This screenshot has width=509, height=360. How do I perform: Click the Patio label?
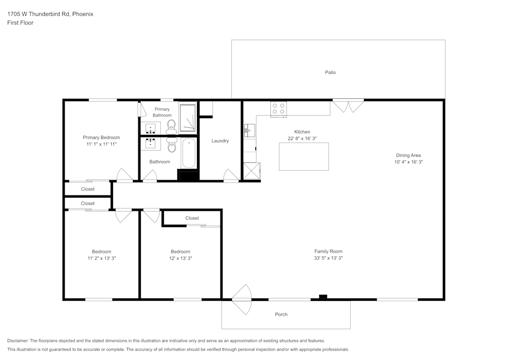(x=330, y=72)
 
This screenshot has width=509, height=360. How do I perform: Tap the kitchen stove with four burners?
(x=278, y=109)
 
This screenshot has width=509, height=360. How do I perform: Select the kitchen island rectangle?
(x=304, y=156)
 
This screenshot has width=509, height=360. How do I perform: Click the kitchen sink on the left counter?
(x=249, y=130)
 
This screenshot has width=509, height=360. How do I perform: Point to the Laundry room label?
(x=220, y=141)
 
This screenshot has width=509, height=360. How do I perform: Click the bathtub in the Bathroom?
(x=189, y=153)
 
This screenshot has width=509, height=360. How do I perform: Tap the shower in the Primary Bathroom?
(x=188, y=118)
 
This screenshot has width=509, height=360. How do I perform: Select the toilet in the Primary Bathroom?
(x=171, y=127)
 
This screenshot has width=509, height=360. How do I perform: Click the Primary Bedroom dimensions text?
(x=101, y=144)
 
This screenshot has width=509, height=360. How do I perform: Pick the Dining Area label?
(x=408, y=155)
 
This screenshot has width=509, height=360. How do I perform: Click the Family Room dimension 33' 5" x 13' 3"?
(x=328, y=258)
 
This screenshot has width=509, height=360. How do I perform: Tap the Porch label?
(x=281, y=314)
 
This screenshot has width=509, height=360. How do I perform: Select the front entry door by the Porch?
(x=241, y=299)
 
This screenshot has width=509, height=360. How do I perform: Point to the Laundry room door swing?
(x=231, y=175)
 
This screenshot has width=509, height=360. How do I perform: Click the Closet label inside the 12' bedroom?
(x=192, y=218)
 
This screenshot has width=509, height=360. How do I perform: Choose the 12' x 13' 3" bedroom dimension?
(x=181, y=258)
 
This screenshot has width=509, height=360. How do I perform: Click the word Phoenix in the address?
(x=83, y=14)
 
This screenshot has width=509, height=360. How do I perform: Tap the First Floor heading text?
(x=20, y=23)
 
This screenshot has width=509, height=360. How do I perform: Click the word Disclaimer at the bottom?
(x=18, y=341)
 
